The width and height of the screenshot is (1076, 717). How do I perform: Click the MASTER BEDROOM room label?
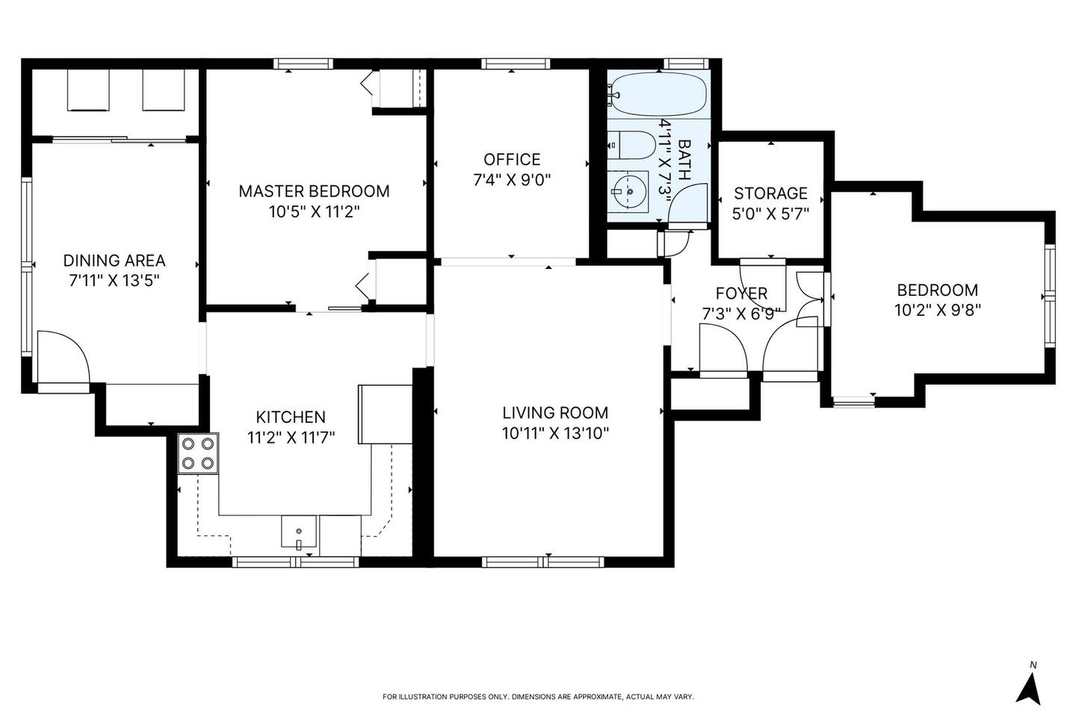(x=314, y=191)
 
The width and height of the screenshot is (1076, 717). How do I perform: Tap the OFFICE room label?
(x=512, y=159)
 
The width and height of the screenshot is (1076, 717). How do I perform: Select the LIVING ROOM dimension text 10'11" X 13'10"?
(x=555, y=434)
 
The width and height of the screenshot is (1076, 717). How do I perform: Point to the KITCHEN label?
(x=291, y=417)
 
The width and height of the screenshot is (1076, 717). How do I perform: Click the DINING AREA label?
(x=114, y=261)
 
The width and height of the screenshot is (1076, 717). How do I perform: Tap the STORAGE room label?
(x=770, y=193)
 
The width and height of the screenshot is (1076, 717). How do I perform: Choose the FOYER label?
(x=742, y=293)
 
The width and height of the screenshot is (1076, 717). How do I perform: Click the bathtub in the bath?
(x=658, y=94)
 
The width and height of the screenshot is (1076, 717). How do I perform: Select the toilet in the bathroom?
(x=631, y=145)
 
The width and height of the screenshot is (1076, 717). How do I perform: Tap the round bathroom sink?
(x=629, y=192)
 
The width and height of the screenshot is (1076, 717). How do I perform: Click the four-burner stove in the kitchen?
(x=198, y=453)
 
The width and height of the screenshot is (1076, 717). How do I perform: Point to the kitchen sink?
(x=299, y=532)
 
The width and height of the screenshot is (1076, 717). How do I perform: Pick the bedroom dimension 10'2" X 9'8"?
(x=937, y=310)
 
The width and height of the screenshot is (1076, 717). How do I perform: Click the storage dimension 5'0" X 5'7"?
(x=770, y=214)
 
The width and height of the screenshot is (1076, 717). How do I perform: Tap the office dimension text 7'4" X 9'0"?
(x=512, y=180)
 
